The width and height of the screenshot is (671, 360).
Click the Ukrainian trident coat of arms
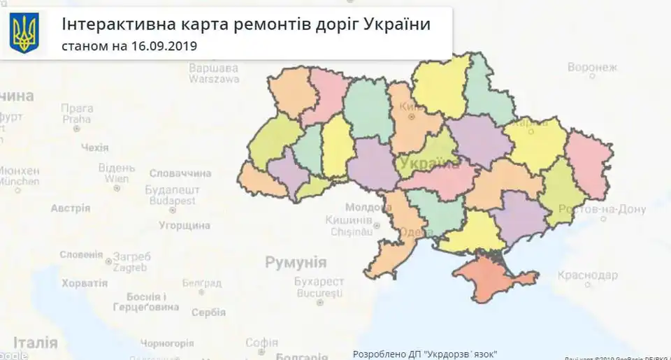[24, 33]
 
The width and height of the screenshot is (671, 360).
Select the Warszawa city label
[214, 79]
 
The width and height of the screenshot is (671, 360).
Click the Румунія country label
[296, 263]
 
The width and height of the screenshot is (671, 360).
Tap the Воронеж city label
[592, 68]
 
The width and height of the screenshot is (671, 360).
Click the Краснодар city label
[587, 275]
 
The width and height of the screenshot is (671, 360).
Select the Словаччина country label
[180, 173]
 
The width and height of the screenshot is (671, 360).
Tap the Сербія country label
[208, 312]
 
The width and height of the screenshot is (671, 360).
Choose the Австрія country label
[71, 208]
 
